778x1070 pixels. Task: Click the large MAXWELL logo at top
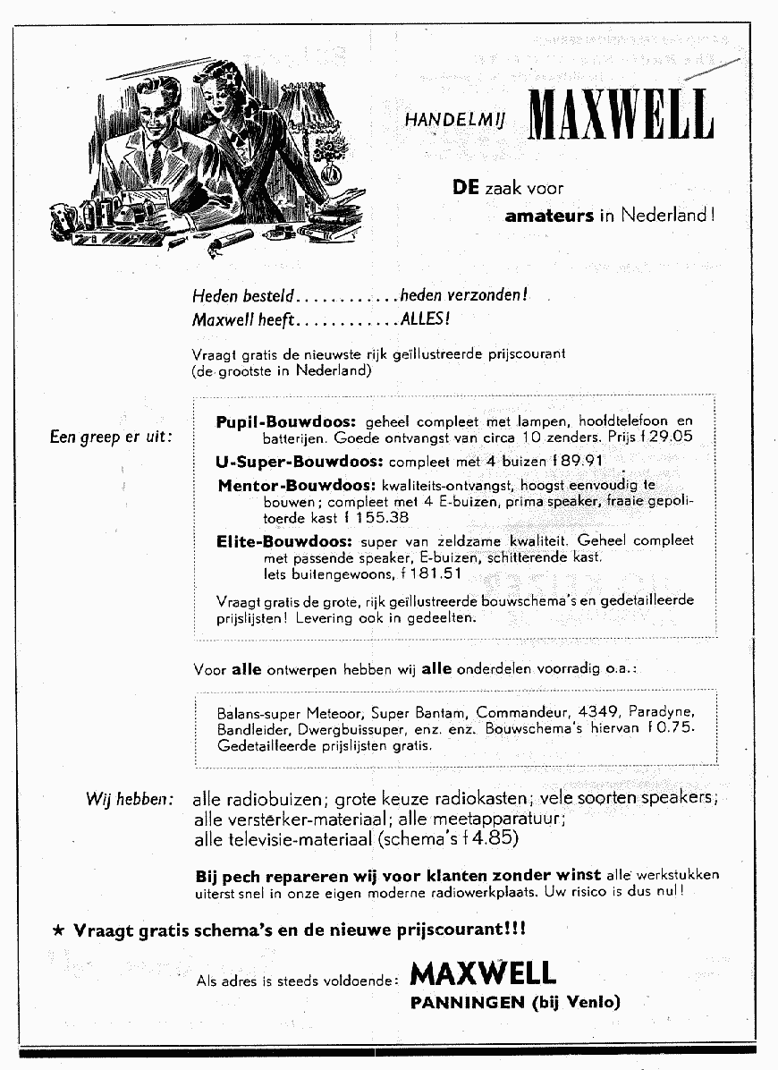click(622, 115)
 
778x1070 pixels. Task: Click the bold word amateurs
click(549, 216)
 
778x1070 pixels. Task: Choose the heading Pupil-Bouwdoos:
click(286, 420)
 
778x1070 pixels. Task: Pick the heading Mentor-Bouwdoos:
click(296, 486)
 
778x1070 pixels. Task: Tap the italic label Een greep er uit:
click(111, 437)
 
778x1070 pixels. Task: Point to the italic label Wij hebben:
click(130, 799)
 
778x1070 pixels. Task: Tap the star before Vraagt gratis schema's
click(58, 930)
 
